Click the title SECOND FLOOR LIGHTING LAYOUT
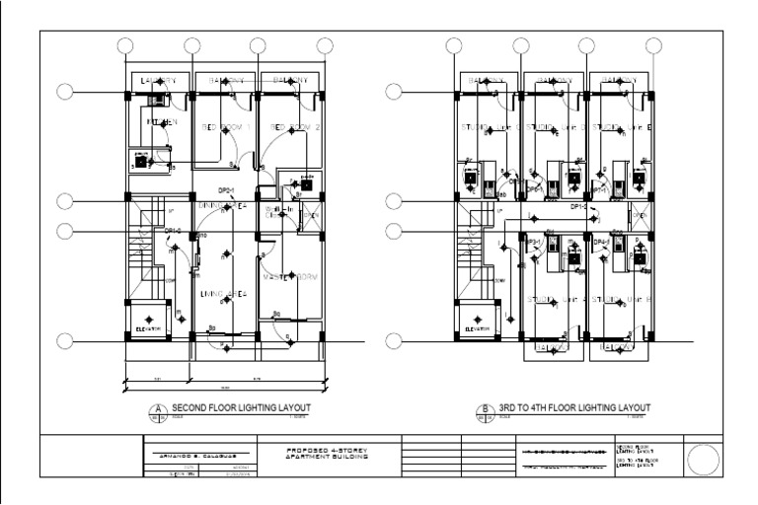[242, 407]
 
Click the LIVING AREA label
[226, 294]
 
